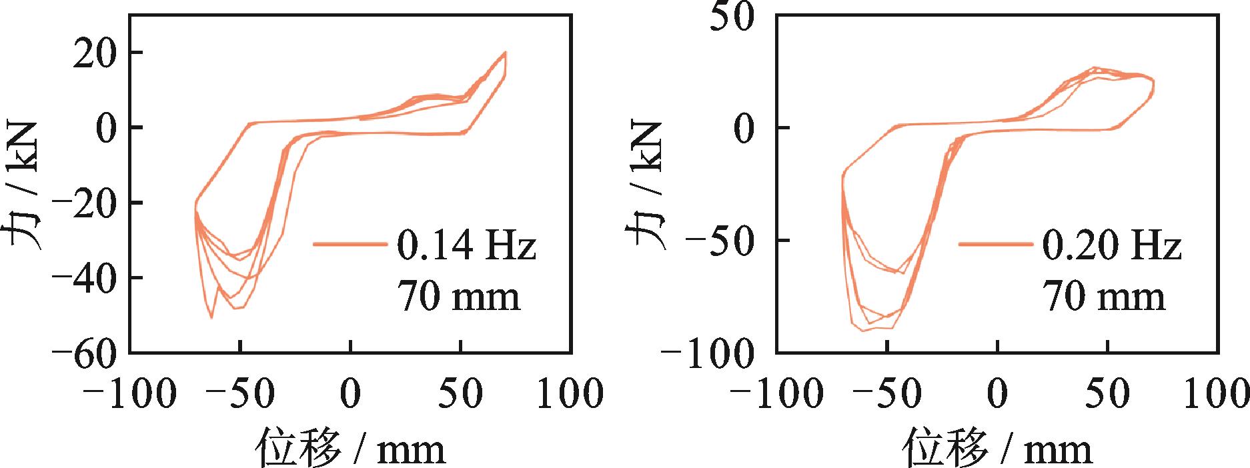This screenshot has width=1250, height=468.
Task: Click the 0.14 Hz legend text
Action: coord(466,246)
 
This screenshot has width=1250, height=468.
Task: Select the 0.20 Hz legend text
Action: coord(1111,246)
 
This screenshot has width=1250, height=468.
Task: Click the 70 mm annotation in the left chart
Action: coord(459,296)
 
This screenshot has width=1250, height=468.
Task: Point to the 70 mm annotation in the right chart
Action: coord(1104,296)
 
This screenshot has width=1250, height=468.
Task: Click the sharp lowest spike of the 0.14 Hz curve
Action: coord(211,318)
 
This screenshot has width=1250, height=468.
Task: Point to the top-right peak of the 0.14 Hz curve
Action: coord(505,52)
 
